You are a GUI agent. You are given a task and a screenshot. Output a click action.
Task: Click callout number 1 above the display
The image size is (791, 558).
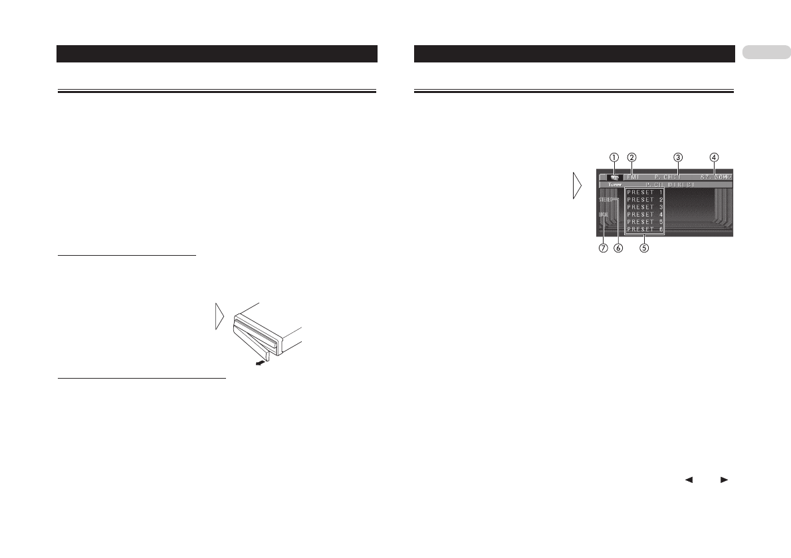[x=614, y=157]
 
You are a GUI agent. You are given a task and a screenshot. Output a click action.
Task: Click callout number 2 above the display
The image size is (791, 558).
[x=632, y=157]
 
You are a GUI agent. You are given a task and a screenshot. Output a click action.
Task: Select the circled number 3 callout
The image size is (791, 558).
[x=677, y=157]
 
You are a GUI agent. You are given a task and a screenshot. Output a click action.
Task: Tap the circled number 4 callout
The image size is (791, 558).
[x=714, y=157]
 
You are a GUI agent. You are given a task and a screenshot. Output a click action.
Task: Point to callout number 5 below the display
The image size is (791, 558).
[x=643, y=248]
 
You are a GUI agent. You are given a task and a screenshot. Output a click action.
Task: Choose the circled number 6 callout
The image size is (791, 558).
[x=618, y=248]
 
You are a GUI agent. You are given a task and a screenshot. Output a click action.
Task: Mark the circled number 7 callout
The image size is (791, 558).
[x=604, y=248]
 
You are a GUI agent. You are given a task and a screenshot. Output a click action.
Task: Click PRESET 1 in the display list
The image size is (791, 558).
[x=644, y=193]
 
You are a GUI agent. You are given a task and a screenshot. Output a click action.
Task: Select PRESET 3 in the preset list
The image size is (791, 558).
[x=644, y=207]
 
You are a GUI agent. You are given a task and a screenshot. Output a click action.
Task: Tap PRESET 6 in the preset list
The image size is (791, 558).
[x=644, y=229]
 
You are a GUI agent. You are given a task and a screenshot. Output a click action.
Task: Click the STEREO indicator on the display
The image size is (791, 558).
[x=606, y=199]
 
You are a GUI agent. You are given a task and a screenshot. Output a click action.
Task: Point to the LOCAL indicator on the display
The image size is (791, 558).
[x=604, y=215]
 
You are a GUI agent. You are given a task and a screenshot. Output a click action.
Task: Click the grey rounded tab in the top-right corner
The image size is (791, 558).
[x=766, y=52]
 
